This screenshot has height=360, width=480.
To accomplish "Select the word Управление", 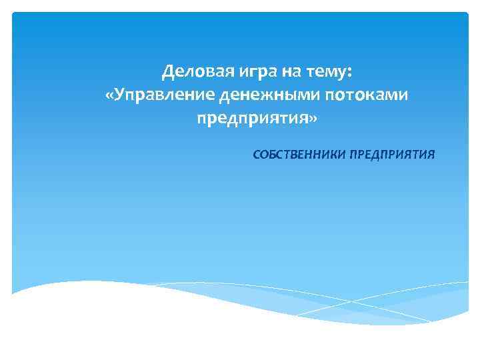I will pos(163,95).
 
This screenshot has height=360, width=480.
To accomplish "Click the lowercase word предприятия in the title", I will pos(253,119).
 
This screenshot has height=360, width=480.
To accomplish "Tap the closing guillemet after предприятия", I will pos(307,120).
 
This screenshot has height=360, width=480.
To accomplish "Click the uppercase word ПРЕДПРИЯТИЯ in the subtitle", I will pos(392,155).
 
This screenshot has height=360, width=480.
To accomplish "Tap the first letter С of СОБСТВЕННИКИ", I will pos(257,155).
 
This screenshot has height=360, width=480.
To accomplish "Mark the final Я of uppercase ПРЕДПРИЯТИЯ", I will pos(431,155).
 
